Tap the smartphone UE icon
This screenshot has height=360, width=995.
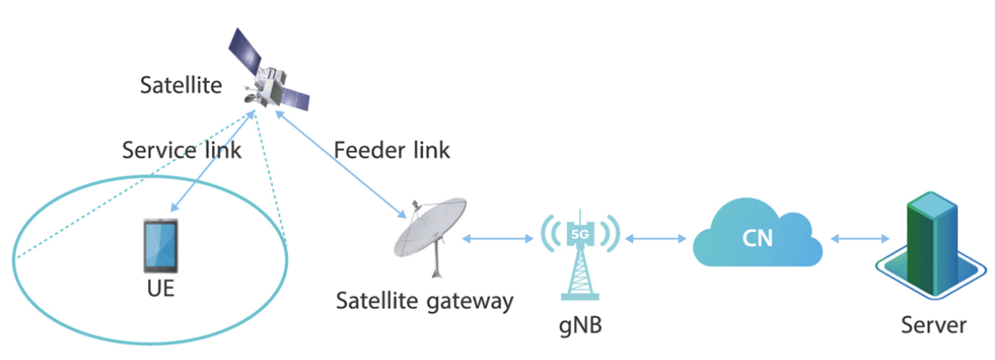(159, 246)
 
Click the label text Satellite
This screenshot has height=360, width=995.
(181, 86)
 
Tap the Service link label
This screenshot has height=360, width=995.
(181, 149)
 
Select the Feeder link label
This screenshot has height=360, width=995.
(392, 150)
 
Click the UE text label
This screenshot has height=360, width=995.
(159, 289)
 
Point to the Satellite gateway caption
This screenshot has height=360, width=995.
(425, 302)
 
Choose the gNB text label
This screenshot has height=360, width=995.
(581, 326)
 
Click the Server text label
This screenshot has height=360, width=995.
(934, 326)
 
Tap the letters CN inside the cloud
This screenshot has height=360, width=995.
(758, 238)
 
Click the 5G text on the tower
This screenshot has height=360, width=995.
(580, 234)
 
